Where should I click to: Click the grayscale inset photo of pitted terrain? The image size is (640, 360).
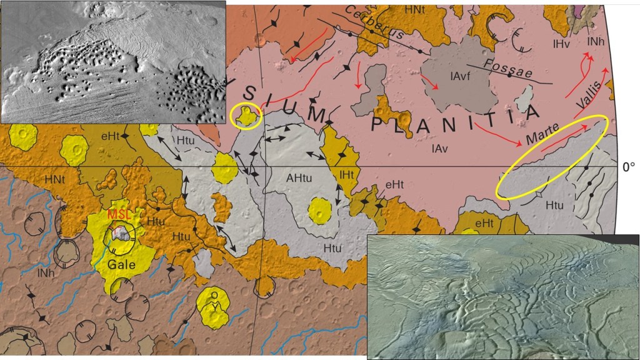[x=112, y=61]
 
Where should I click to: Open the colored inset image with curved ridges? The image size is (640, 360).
[x=503, y=297]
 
